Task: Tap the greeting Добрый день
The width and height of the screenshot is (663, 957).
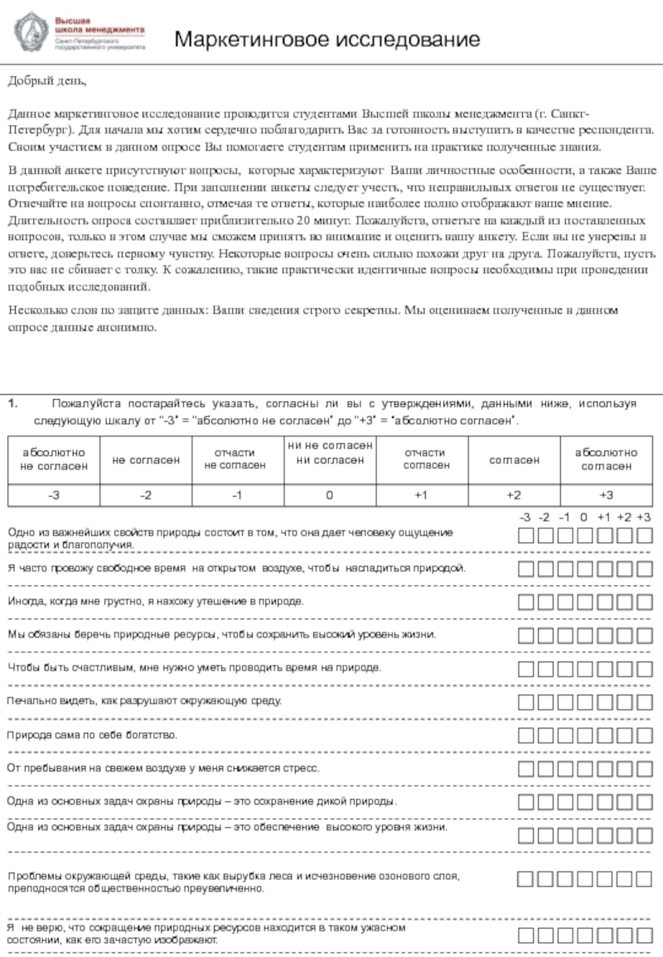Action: click(46, 81)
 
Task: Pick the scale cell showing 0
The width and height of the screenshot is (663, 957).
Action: click(329, 494)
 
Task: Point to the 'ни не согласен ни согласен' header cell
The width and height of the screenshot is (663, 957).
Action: click(329, 453)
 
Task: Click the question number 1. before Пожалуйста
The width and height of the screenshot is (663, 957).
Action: click(13, 404)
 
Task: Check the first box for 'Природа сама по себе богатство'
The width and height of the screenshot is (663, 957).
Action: click(525, 734)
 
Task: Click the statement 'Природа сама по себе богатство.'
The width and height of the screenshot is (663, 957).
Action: click(92, 734)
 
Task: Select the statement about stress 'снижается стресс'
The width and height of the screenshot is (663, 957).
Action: click(162, 768)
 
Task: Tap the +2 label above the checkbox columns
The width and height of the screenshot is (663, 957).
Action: click(624, 517)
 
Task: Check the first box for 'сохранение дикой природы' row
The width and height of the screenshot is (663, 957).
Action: click(525, 801)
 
